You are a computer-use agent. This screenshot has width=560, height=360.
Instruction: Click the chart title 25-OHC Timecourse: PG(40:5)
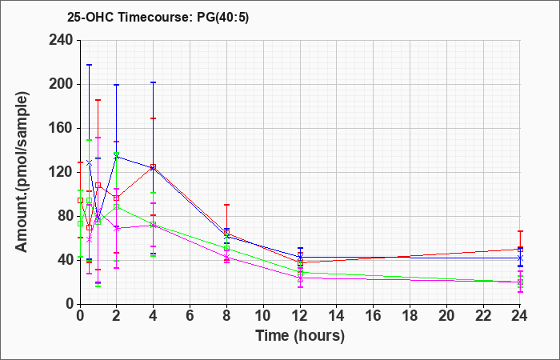[x=158, y=17]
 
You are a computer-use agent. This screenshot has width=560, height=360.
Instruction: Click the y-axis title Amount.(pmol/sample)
[x=22, y=172]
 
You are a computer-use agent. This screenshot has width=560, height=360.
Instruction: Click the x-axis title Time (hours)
[x=300, y=336]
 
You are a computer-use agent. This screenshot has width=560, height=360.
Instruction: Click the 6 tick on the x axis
[x=190, y=315]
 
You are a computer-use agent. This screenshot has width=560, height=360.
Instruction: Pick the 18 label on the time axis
[x=410, y=315]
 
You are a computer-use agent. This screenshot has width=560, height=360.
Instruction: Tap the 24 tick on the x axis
[x=520, y=315]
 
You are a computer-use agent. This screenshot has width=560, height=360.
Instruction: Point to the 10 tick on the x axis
[x=263, y=315]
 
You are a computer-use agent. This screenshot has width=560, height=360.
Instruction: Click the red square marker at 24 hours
[x=520, y=250]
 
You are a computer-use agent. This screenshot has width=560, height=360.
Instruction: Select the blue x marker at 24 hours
[x=520, y=258]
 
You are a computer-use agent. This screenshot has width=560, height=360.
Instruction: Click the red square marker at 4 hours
[x=154, y=166]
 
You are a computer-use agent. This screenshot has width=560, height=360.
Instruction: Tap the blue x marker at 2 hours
[x=117, y=157]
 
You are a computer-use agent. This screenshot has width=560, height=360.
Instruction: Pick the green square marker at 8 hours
[x=226, y=248]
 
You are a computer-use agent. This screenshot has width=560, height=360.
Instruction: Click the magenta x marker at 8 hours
[x=226, y=257]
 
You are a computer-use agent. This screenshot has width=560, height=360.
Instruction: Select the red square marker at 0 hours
[x=80, y=201]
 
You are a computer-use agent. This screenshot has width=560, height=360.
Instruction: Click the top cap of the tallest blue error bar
[x=90, y=65]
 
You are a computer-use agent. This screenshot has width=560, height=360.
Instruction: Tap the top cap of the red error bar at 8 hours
[x=226, y=205]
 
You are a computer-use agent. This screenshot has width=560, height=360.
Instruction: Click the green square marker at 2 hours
[x=117, y=206]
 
